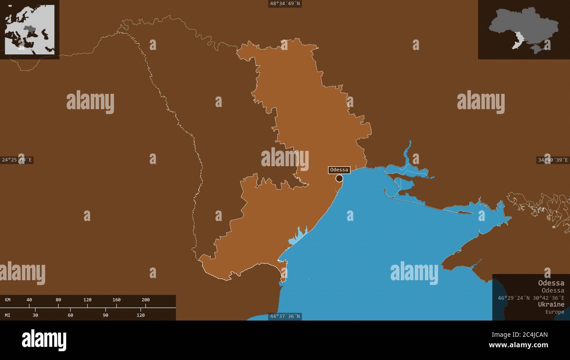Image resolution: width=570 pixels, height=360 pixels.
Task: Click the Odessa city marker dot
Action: pyautogui.click(x=339, y=178)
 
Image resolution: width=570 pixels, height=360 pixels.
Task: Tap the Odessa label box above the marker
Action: pyautogui.click(x=339, y=170)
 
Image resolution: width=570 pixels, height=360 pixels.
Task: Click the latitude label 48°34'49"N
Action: pyautogui.click(x=285, y=4)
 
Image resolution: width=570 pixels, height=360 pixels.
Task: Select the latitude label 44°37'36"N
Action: pyautogui.click(x=285, y=316)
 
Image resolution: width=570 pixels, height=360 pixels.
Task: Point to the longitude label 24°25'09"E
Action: pyautogui.click(x=17, y=160)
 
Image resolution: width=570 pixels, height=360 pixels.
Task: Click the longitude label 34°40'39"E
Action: pyautogui.click(x=553, y=160)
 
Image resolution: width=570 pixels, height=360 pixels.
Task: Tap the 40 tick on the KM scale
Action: pyautogui.click(x=29, y=300)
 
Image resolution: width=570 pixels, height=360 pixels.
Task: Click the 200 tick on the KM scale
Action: pyautogui.click(x=146, y=300)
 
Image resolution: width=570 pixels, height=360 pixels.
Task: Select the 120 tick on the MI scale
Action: pyautogui.click(x=141, y=315)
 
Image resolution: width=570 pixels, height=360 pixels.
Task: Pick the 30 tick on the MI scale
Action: pyautogui.click(x=35, y=315)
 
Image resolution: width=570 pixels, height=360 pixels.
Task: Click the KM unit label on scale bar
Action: pyautogui.click(x=8, y=300)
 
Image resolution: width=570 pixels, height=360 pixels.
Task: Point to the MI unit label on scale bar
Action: pyautogui.click(x=8, y=315)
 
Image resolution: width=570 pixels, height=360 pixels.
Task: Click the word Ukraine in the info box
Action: pyautogui.click(x=551, y=304)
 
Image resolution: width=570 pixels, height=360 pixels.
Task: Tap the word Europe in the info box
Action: pyautogui.click(x=555, y=312)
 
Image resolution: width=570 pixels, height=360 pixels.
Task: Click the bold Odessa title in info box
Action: pyautogui.click(x=551, y=283)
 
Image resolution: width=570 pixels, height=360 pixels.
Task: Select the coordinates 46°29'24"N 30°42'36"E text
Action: pyautogui.click(x=531, y=298)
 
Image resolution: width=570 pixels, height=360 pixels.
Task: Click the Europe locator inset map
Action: pyautogui.click(x=29, y=29)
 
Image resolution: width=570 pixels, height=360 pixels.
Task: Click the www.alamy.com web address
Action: pyautogui.click(x=518, y=345)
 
